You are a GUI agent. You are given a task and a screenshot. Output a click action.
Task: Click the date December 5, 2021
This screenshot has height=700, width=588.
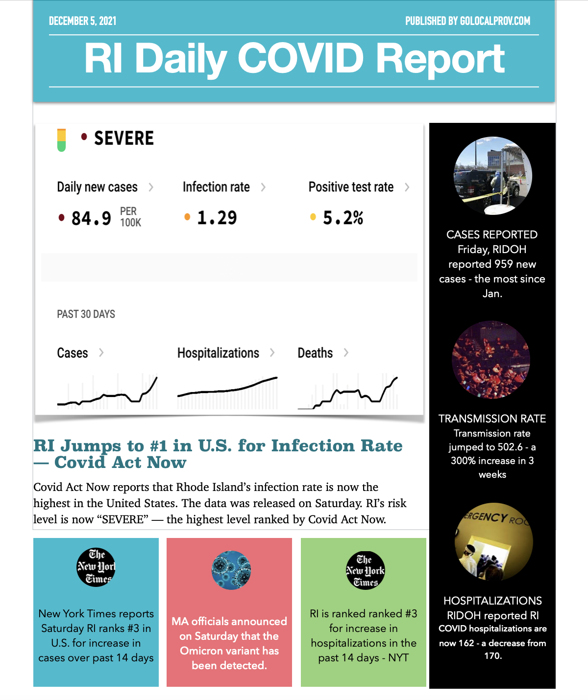pyautogui.click(x=82, y=21)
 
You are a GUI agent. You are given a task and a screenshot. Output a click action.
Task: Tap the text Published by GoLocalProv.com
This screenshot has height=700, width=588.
pyautogui.click(x=467, y=21)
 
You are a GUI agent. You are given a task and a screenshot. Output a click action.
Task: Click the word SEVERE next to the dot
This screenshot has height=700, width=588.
pyautogui.click(x=124, y=139)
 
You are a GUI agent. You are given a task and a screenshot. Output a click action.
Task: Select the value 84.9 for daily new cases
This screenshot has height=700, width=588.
pyautogui.click(x=91, y=218)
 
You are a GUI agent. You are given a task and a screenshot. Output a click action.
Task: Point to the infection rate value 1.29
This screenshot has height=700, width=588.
pyautogui.click(x=217, y=218)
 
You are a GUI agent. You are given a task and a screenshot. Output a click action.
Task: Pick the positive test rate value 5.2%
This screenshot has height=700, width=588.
pyautogui.click(x=343, y=218)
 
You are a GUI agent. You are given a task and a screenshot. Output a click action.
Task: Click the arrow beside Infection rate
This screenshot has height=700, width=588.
pyautogui.click(x=263, y=187)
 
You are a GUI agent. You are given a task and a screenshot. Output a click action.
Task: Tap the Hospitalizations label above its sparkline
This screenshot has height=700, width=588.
pyautogui.click(x=218, y=353)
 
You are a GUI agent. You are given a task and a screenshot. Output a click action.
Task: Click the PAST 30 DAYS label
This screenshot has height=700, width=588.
pyautogui.click(x=86, y=314)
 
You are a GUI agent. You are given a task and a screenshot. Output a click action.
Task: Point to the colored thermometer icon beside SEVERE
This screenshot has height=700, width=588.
pyautogui.click(x=61, y=140)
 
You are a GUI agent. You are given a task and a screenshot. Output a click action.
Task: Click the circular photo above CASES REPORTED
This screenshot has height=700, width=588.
pyautogui.click(x=492, y=176)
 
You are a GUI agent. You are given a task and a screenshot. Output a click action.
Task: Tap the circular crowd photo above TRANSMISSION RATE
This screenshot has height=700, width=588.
pyautogui.click(x=491, y=360)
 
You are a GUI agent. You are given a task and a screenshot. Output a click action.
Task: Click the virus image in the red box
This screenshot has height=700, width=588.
pyautogui.click(x=231, y=570)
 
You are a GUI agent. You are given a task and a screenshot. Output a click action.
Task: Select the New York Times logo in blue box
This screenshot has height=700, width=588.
pyautogui.click(x=96, y=567)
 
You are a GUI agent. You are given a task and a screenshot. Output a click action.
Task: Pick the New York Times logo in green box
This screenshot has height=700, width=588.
pyautogui.click(x=366, y=570)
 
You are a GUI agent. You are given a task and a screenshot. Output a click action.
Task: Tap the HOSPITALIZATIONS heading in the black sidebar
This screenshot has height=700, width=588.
pyautogui.click(x=492, y=601)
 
